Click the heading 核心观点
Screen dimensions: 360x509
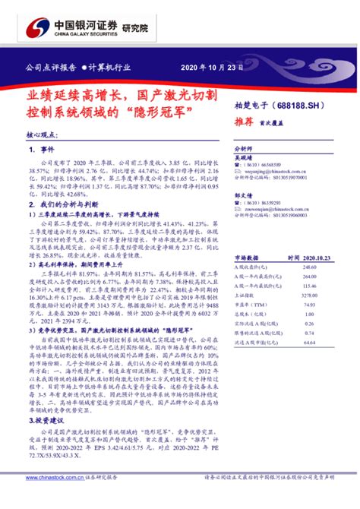point(43,134)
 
